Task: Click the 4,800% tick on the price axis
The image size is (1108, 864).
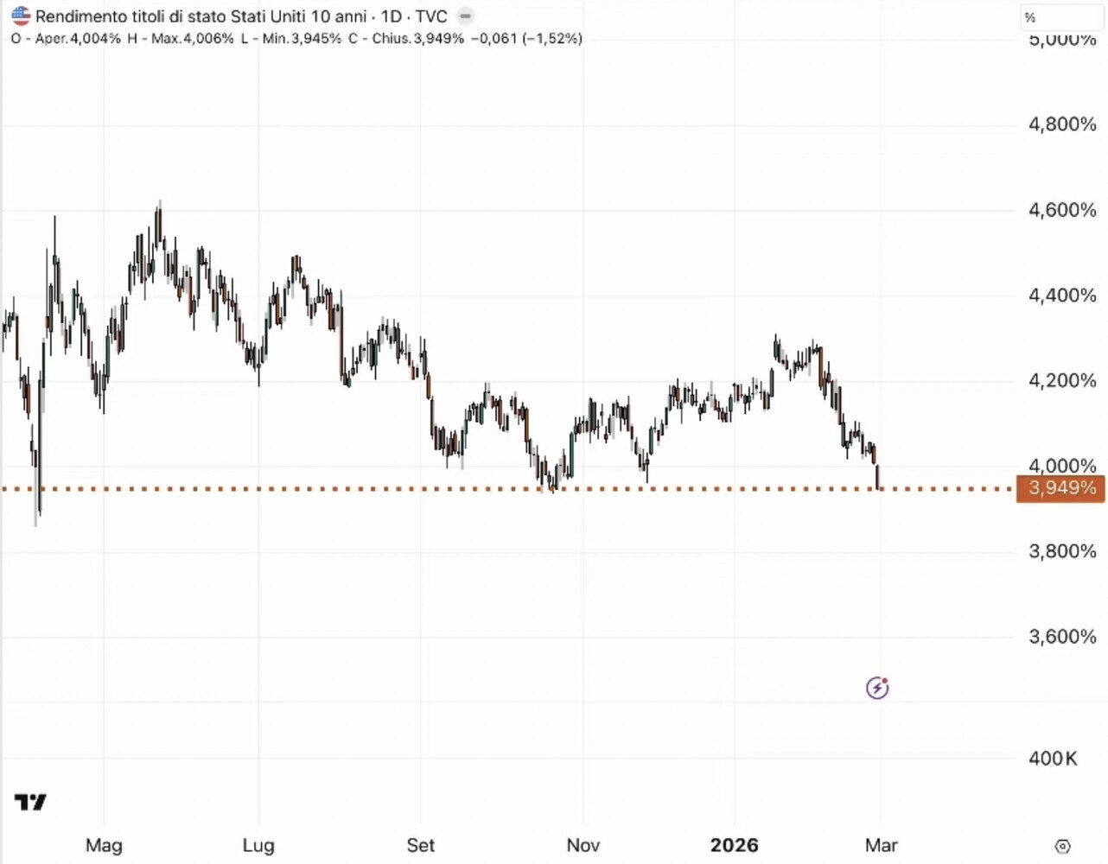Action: [x=1062, y=124]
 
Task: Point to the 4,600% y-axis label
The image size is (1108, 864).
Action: [x=1062, y=210]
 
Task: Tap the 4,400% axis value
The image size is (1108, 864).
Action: [x=1062, y=295]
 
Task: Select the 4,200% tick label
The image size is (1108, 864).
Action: [x=1062, y=381]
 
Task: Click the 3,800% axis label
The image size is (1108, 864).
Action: [x=1062, y=551]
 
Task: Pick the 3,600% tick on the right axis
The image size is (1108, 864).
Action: [x=1062, y=637]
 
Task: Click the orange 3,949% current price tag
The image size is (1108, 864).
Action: [x=1061, y=488]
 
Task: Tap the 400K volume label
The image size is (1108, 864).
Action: [x=1053, y=759]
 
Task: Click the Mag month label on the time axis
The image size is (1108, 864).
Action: [x=104, y=845]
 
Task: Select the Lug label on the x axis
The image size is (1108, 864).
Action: [x=258, y=845]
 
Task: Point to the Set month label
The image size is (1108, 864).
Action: [x=421, y=845]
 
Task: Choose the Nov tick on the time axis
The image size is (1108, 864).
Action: [x=583, y=845]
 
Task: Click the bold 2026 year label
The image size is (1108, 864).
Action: [x=735, y=845]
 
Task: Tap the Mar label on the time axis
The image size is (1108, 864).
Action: [x=882, y=845]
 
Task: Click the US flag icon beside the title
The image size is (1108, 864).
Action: [x=21, y=16]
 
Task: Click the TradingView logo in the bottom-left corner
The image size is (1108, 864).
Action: [x=31, y=803]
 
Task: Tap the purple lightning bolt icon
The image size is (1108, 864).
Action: [x=877, y=688]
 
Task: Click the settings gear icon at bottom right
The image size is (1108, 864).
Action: [x=1063, y=847]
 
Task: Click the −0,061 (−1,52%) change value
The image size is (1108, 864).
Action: [x=526, y=39]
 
